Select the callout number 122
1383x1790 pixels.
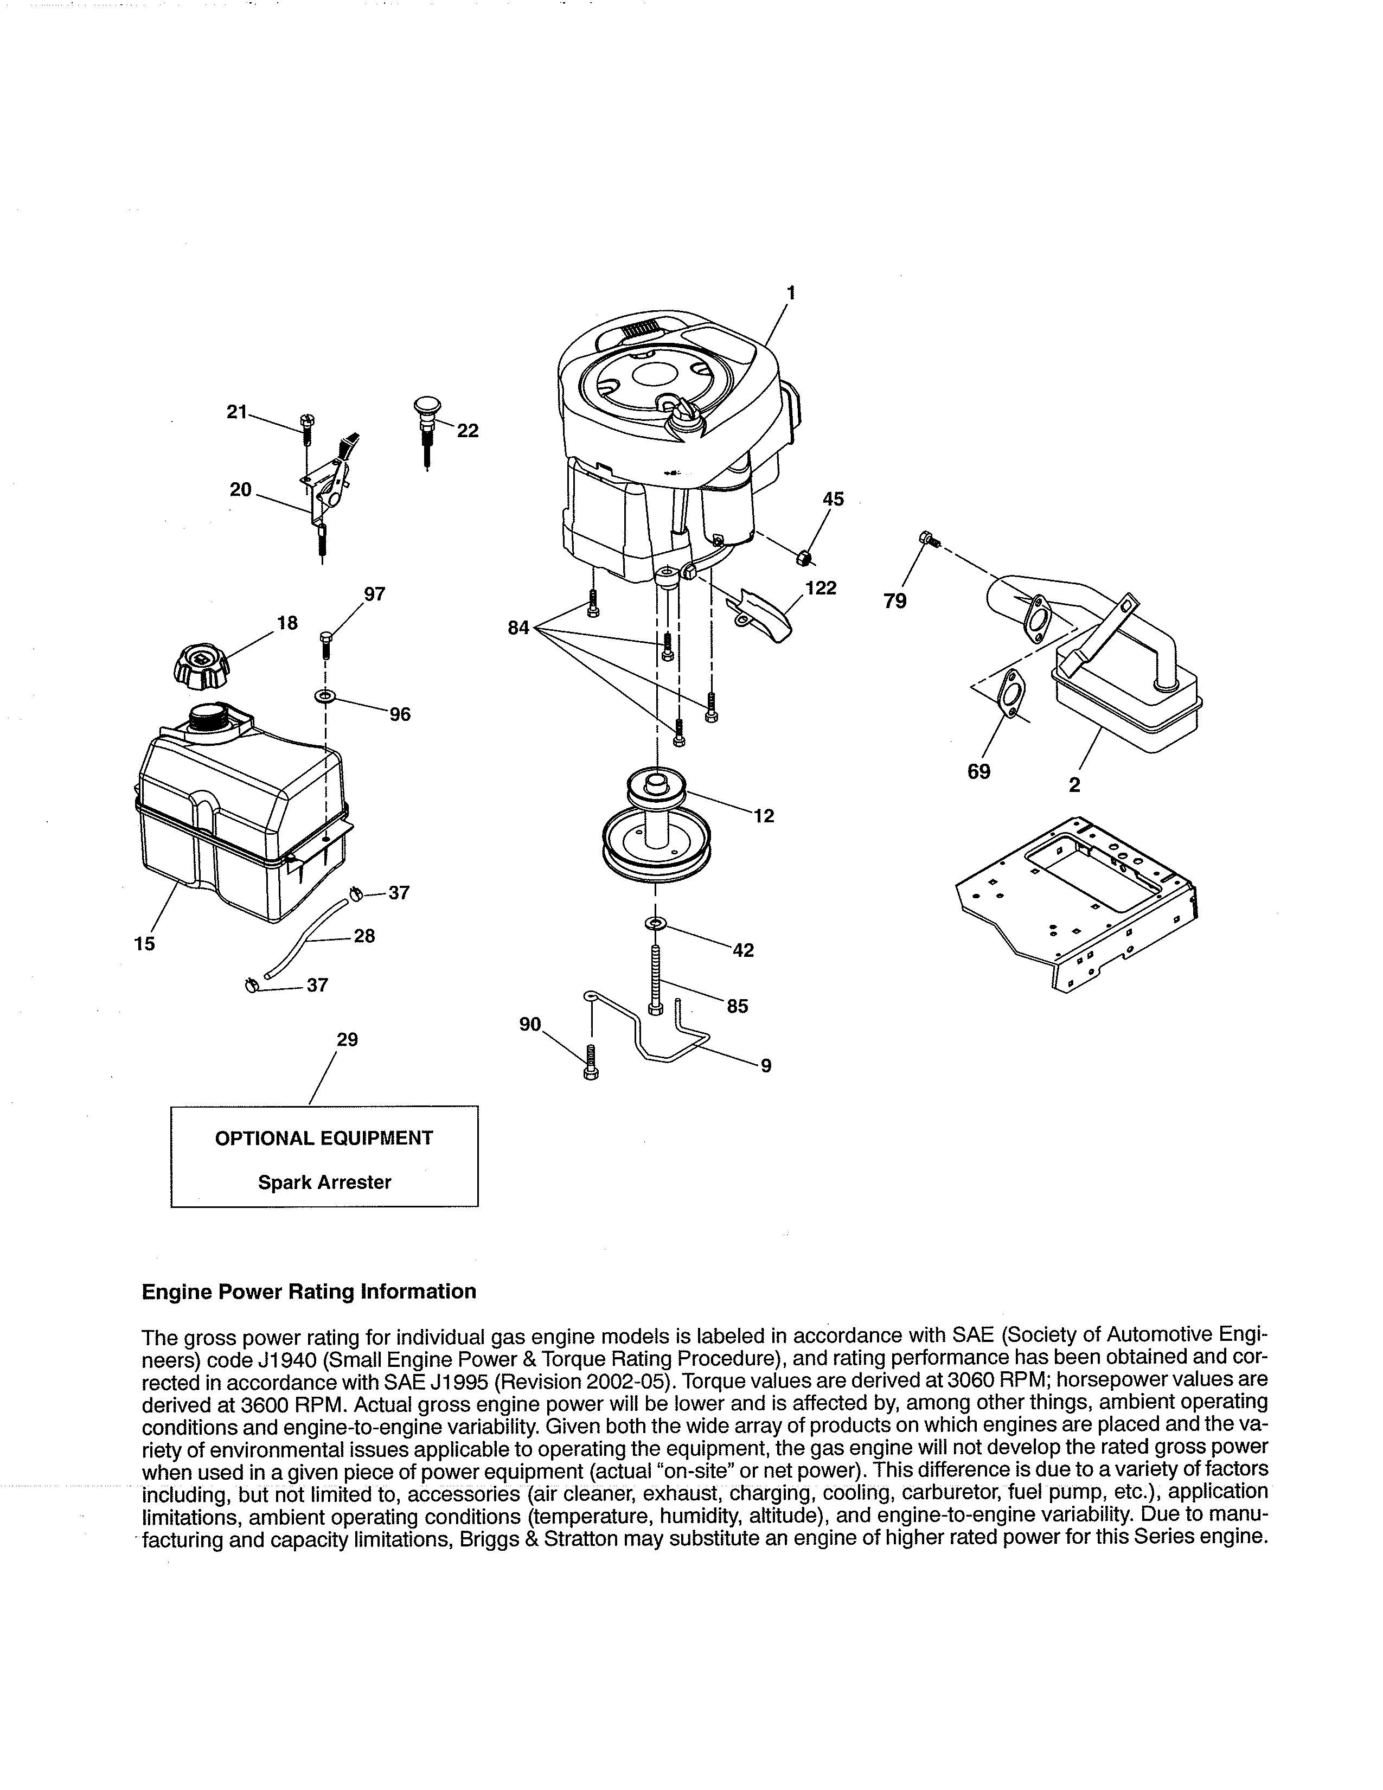coord(820,589)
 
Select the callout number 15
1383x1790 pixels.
coord(144,944)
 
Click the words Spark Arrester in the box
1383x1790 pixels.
coord(324,1182)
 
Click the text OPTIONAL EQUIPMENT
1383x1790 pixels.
coord(324,1139)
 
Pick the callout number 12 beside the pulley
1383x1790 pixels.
coord(764,816)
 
